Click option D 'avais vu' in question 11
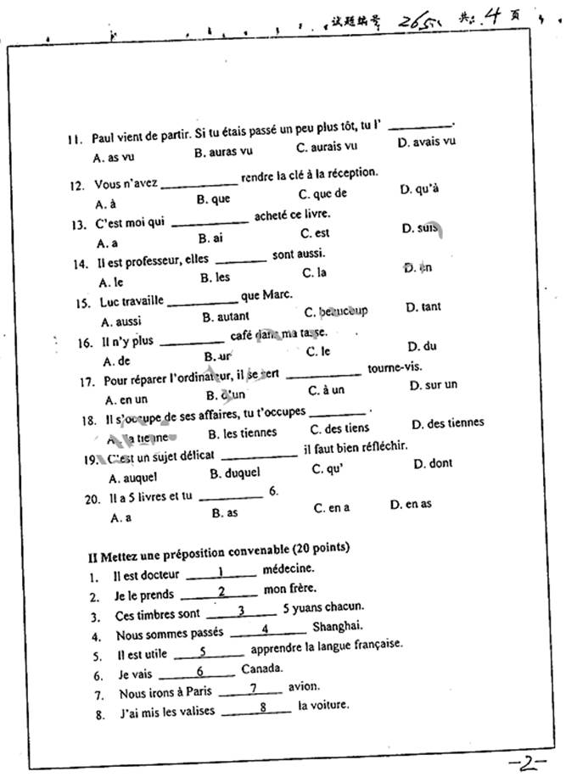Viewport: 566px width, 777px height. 426,142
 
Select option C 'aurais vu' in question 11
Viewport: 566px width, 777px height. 327,147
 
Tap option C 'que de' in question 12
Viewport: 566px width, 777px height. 323,193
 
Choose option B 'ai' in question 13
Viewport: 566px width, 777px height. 210,238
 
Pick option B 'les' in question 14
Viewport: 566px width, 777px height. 216,277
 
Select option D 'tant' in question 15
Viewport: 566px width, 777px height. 423,307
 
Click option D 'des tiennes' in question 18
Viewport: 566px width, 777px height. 448,423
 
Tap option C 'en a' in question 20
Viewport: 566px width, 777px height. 331,508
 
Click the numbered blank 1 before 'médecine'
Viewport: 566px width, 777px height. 221,573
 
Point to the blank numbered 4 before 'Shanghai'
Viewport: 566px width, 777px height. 266,629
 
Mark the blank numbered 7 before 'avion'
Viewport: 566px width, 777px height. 252,688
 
